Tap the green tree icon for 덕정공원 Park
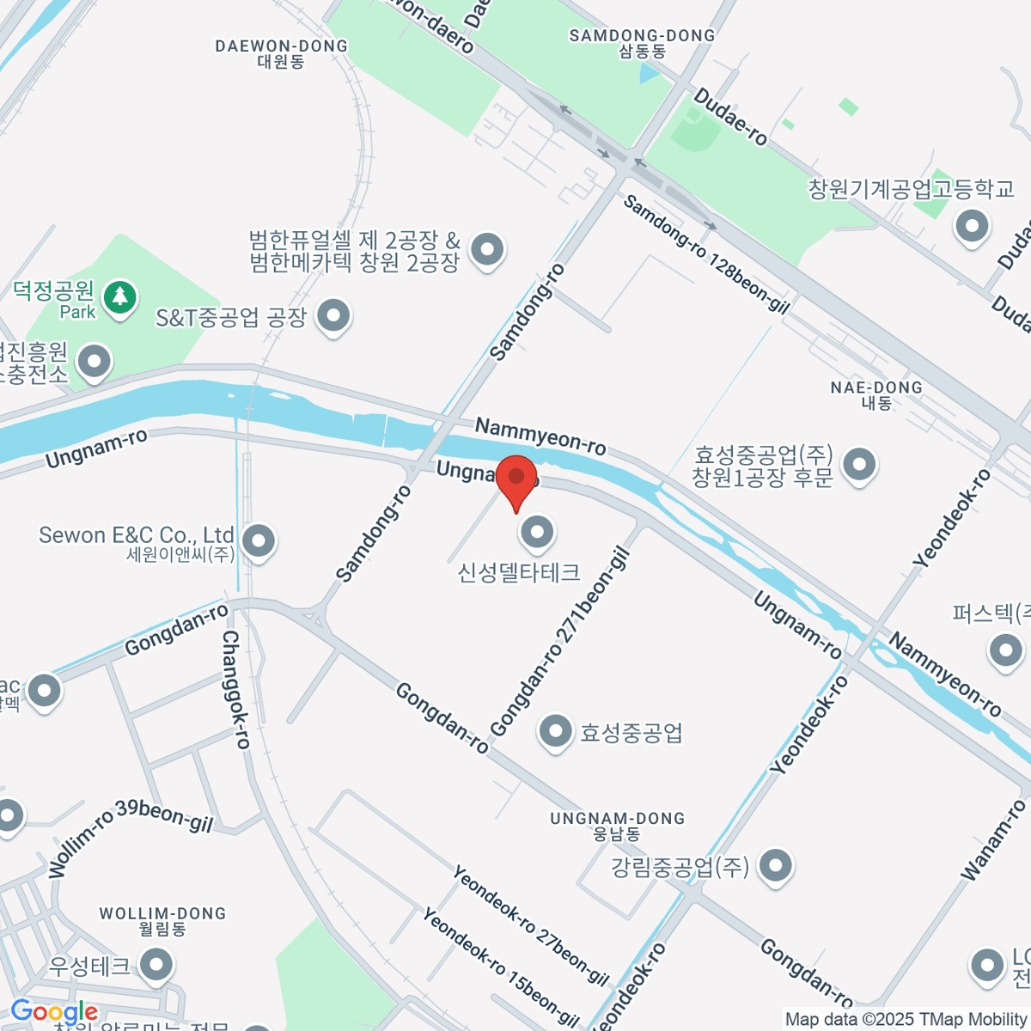[x=119, y=298]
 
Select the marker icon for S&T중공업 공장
[x=332, y=316]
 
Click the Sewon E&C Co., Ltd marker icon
[x=258, y=541]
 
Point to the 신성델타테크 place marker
[x=537, y=533]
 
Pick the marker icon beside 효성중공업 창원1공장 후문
[x=858, y=465]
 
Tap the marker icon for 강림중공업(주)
[x=776, y=866]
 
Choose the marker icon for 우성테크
[x=156, y=965]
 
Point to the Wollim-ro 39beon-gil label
[x=129, y=834]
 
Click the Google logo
[x=53, y=1012]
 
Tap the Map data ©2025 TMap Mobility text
[x=906, y=1019]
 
